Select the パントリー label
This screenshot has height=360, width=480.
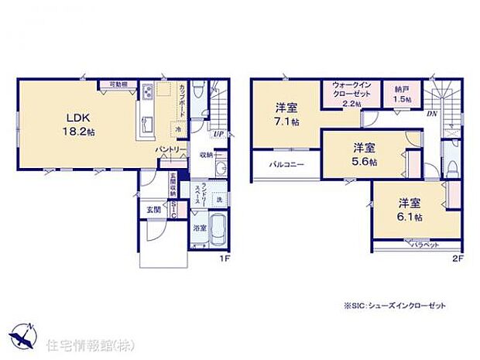click(x=170, y=149)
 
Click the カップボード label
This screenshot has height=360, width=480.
click(x=181, y=98)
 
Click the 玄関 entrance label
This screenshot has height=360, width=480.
click(x=152, y=209)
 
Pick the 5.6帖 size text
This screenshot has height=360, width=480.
click(x=364, y=161)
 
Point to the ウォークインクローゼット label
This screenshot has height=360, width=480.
click(x=351, y=93)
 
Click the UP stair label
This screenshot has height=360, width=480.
click(x=218, y=133)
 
